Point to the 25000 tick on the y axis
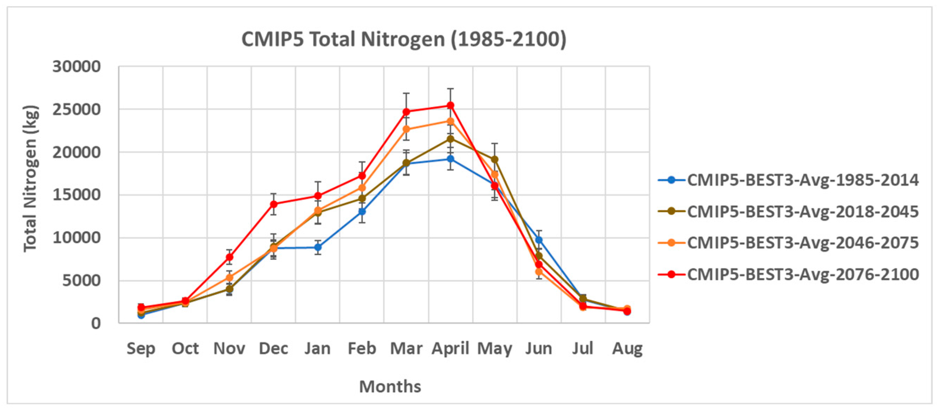[x=76, y=109]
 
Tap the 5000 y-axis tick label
[x=81, y=281]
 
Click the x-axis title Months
[x=390, y=386]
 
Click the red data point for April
[x=450, y=106]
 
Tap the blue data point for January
[x=318, y=247]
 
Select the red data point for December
[x=274, y=204]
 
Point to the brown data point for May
[x=495, y=159]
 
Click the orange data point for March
[x=406, y=129]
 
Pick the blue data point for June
[x=539, y=240]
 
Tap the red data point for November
[x=229, y=257]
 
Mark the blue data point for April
[x=450, y=159]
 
